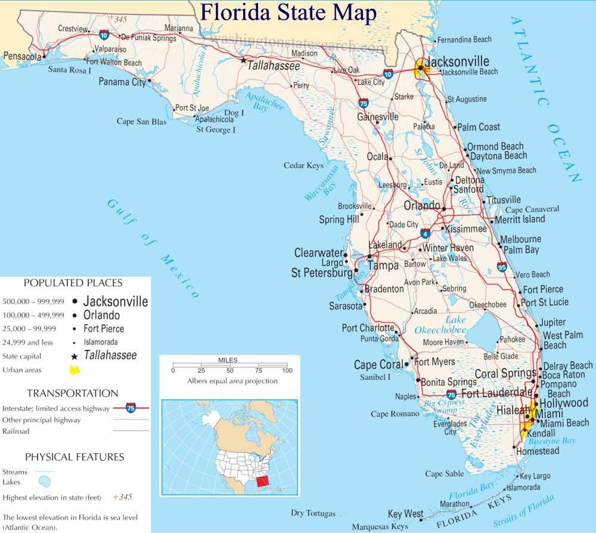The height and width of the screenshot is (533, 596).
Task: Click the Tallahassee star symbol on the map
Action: pos(243,60)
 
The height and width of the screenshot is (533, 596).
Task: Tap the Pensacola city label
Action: pos(22,56)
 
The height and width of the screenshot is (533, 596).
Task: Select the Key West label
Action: pos(405,514)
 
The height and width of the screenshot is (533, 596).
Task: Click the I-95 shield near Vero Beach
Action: pos(502,267)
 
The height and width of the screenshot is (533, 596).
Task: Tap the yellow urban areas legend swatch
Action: pos(75,370)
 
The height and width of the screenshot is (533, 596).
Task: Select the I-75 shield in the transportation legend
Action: pos(131,408)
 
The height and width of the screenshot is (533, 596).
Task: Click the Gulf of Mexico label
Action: pos(153,248)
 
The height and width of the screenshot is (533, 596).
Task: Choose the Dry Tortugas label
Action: pos(313,513)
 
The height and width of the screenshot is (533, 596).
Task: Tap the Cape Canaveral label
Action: pos(532,209)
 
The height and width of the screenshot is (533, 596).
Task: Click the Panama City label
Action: pos(122,82)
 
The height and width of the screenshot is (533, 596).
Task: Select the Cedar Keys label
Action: pos(303,165)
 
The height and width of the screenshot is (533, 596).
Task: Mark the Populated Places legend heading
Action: pos(73,283)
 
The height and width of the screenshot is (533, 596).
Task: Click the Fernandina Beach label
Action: pos(464,39)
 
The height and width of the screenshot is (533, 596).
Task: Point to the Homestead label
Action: pos(538,451)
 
